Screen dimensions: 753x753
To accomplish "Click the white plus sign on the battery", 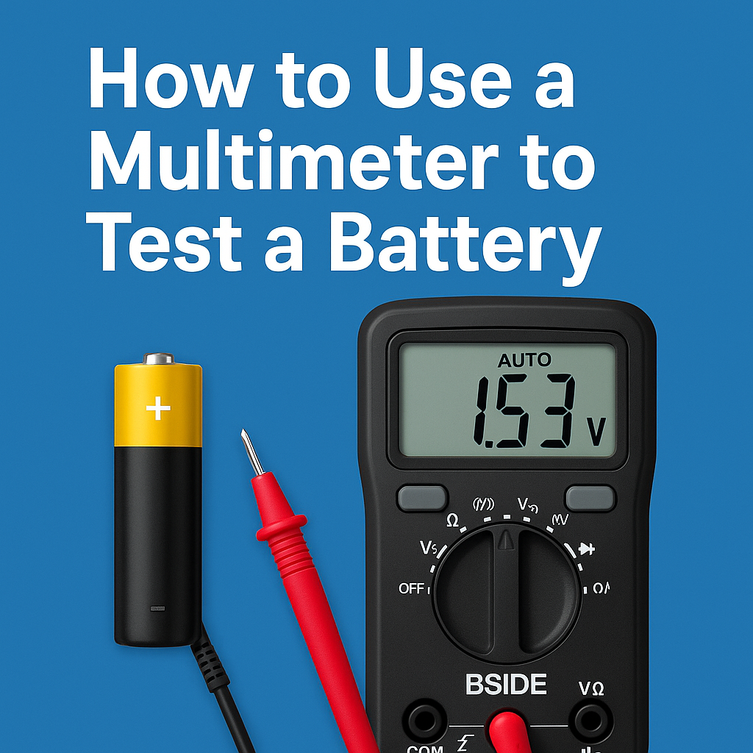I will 158,408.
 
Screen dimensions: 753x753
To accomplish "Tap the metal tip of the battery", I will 159,359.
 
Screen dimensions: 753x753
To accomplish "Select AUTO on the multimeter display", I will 524,360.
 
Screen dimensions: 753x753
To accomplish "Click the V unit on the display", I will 597,434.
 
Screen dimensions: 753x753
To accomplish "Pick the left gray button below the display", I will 422,498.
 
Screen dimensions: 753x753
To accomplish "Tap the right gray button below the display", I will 590,498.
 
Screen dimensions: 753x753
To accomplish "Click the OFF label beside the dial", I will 412,588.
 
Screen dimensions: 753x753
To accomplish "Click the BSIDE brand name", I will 506,684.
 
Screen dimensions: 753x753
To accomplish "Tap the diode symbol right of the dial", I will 586,549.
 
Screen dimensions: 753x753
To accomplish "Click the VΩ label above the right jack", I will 592,688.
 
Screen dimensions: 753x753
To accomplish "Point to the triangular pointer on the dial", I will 505,541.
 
